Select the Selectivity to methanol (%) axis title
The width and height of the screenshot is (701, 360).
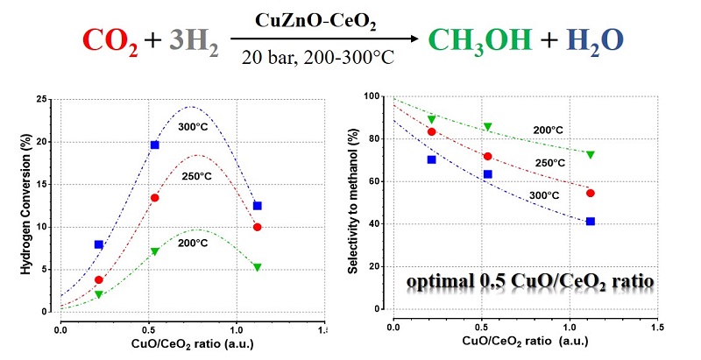[x=351, y=204]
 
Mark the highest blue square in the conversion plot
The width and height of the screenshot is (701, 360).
[x=155, y=145]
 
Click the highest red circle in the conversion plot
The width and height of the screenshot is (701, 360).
[x=155, y=198]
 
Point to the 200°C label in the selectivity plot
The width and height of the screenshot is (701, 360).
[x=546, y=130]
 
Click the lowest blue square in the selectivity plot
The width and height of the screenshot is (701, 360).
[x=591, y=222]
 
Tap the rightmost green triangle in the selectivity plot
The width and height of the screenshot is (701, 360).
[x=591, y=155]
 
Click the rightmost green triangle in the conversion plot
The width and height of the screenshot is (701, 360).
[x=258, y=267]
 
